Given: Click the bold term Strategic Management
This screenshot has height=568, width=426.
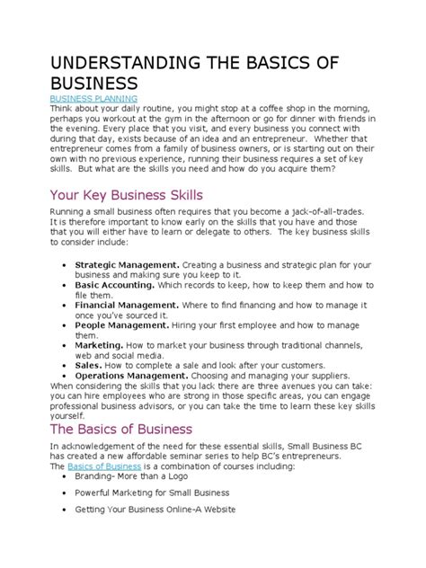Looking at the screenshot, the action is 128,265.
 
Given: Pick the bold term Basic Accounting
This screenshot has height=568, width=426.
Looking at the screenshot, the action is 112,285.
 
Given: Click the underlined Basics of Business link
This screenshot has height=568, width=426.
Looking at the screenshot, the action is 103,466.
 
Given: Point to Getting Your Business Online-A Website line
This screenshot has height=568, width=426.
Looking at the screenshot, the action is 155,510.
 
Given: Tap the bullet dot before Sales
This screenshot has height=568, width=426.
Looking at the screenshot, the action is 61,365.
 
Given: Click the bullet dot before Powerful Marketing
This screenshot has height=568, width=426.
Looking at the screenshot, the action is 61,493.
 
